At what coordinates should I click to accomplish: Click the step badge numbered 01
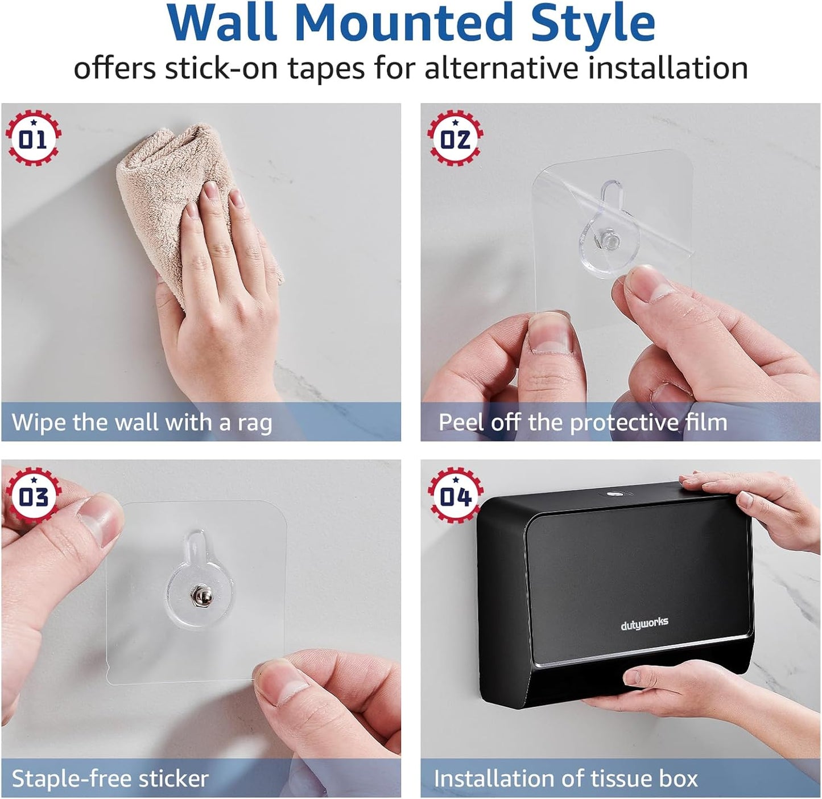(x=33, y=139)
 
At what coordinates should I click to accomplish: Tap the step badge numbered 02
(x=455, y=139)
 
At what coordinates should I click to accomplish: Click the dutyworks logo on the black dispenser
(x=644, y=624)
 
